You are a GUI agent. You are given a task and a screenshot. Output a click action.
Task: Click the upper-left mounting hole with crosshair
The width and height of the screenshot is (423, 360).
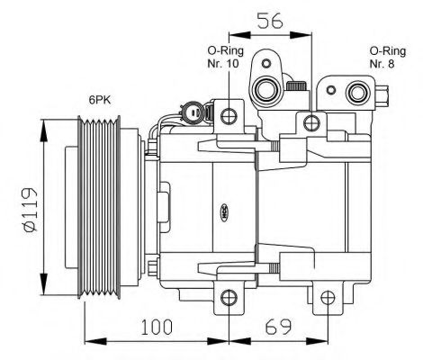tap(229, 114)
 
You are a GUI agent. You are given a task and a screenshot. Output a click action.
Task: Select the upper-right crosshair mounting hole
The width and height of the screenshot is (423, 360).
tap(311, 122)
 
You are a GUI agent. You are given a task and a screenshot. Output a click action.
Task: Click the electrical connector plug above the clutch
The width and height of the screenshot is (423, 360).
tap(193, 114)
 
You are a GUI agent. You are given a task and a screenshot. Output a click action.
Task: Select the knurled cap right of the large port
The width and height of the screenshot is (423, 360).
tap(295, 85)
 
